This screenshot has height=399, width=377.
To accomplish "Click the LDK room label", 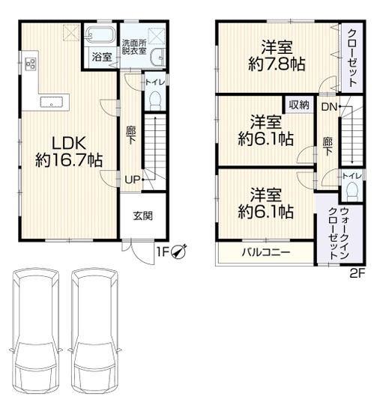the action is pos(69,143).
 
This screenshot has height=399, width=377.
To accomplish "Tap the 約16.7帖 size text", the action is pos(69,160).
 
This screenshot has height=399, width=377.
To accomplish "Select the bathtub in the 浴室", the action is pos(100,35).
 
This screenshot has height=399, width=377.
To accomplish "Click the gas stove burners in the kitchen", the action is pos(30,64).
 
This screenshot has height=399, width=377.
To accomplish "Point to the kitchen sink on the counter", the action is pos(52,102).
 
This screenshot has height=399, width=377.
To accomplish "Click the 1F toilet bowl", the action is pos(155,101).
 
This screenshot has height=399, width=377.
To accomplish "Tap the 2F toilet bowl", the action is pos(352,192).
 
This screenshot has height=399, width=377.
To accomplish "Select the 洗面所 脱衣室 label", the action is pos(134,47).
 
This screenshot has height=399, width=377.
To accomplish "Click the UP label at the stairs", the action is pos(132,180).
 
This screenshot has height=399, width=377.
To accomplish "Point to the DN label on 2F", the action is pos(329,107).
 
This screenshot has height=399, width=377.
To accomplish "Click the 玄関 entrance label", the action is pos(143,216).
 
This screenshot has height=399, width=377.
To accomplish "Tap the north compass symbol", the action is pos(180,252).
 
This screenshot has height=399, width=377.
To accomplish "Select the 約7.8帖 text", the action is pos(277,64).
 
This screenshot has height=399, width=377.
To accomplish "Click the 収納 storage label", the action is pos(299,105).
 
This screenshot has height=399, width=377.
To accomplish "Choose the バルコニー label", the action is pos(266,252).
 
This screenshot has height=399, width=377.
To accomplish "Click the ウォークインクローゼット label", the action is pos(339,234).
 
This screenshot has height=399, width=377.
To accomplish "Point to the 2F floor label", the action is pos(358,273).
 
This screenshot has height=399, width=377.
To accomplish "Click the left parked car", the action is pos(36,328).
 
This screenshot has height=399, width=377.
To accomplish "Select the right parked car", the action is pos(94,328).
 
